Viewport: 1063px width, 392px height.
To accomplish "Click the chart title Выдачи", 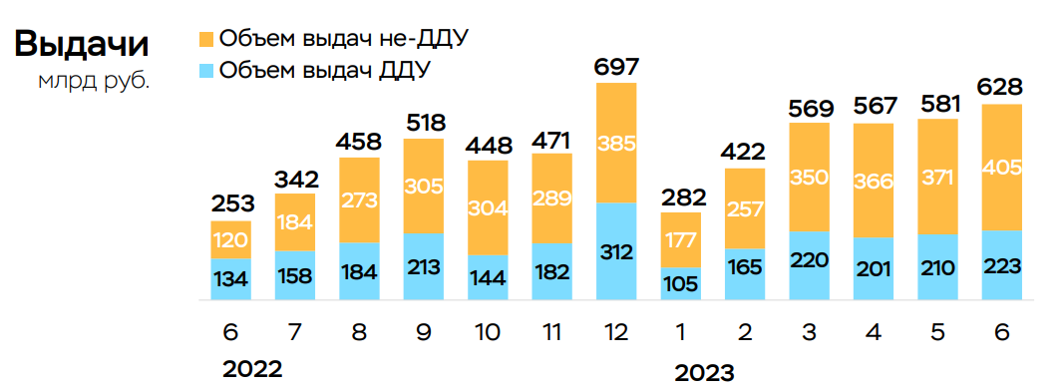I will pyautogui.click(x=82, y=44).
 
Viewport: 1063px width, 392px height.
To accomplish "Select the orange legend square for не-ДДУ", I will pyautogui.click(x=206, y=40).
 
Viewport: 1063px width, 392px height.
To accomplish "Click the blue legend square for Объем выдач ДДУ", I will pyautogui.click(x=206, y=71).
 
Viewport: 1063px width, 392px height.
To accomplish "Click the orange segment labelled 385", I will pyautogui.click(x=616, y=143).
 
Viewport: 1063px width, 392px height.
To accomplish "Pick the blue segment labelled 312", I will pyautogui.click(x=616, y=251).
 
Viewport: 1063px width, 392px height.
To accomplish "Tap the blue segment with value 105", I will pyautogui.click(x=681, y=283).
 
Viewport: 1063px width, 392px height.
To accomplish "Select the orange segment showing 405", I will pyautogui.click(x=1002, y=168).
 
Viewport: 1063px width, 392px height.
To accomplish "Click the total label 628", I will pyautogui.click(x=1002, y=87).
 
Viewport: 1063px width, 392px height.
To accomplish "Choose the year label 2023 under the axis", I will pyautogui.click(x=704, y=373).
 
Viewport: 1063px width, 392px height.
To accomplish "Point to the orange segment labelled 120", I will pyautogui.click(x=231, y=239).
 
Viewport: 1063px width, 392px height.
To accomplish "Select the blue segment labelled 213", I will pyautogui.click(x=424, y=266).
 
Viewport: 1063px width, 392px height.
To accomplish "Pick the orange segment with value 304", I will pyautogui.click(x=488, y=207).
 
